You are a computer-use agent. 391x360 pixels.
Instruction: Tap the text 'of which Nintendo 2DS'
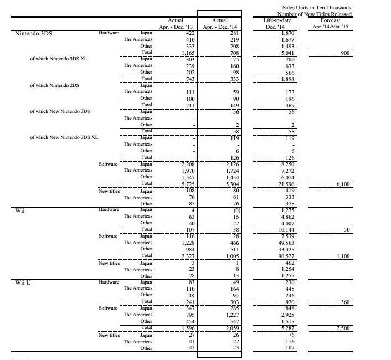pyautogui.click(x=54, y=85)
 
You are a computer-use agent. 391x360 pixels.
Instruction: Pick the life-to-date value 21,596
pyautogui.click(x=270, y=184)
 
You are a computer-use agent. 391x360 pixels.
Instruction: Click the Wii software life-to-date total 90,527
pyautogui.click(x=270, y=256)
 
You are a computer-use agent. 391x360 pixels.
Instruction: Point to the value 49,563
pyautogui.click(x=271, y=243)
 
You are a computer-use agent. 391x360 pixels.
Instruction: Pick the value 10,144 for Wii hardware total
pyautogui.click(x=270, y=229)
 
